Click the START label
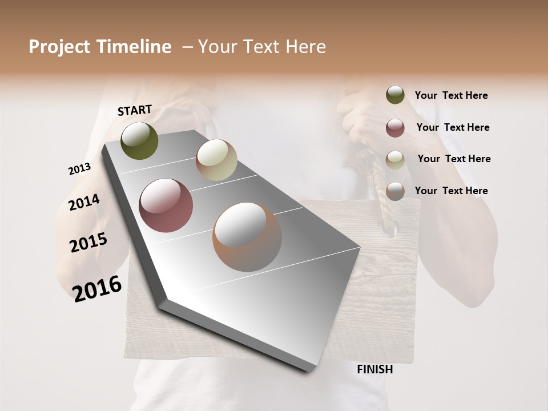click(135, 110)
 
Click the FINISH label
click(374, 369)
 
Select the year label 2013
click(79, 169)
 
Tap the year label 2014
click(84, 202)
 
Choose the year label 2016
click(97, 288)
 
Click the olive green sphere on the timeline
click(139, 140)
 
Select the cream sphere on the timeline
click(216, 160)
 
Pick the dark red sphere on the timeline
click(166, 205)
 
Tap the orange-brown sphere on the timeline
click(247, 237)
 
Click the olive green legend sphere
click(395, 95)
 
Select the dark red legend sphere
click(395, 128)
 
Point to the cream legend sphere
click(395, 160)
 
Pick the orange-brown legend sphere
click(395, 191)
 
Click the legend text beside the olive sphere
click(451, 95)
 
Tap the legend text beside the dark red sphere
click(453, 127)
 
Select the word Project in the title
click(60, 47)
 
